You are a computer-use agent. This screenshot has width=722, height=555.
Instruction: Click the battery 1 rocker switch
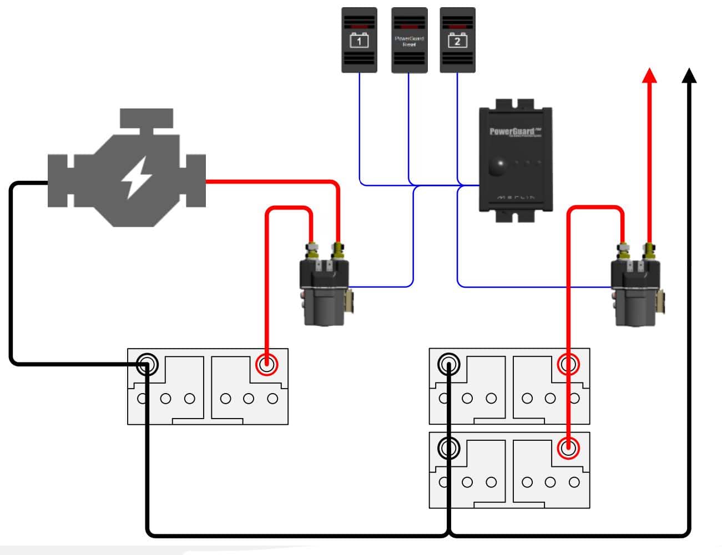pos(359,40)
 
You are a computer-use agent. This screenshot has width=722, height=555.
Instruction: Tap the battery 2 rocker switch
pos(457,40)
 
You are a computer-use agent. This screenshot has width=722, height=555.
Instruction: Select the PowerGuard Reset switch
pos(409,40)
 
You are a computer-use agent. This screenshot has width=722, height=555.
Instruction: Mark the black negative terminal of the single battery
pos(147,364)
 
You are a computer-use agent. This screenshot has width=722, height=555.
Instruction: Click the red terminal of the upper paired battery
pos(568,364)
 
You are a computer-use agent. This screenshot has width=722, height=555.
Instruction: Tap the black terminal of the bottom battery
pos(448,447)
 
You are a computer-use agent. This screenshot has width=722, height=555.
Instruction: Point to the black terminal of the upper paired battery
pos(448,364)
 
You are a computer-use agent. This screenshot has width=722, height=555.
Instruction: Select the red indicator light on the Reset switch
pos(409,26)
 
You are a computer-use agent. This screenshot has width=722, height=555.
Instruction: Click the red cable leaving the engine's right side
pos(266,181)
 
